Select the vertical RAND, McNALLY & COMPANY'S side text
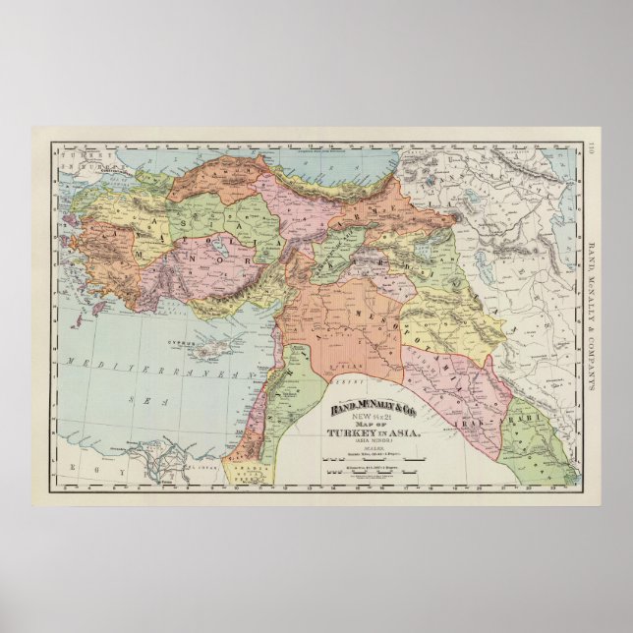point(593,315)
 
